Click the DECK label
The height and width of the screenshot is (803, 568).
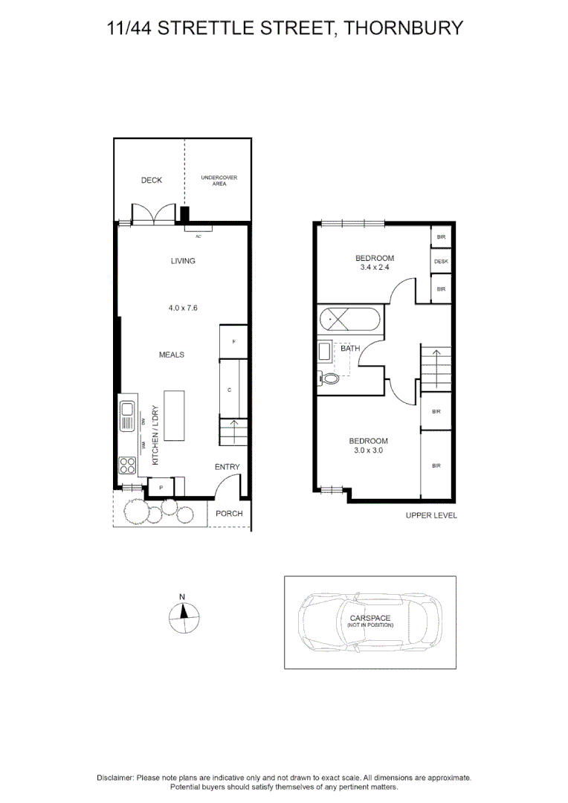pyautogui.click(x=152, y=180)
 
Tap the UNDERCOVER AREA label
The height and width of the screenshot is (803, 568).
pyautogui.click(x=219, y=180)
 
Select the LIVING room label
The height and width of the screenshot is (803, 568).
pyautogui.click(x=183, y=261)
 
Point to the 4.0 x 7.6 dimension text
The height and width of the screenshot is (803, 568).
pyautogui.click(x=183, y=308)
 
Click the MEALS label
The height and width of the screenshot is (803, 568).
pyautogui.click(x=172, y=355)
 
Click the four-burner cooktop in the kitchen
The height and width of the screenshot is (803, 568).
pyautogui.click(x=127, y=465)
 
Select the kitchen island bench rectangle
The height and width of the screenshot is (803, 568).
pyautogui.click(x=174, y=416)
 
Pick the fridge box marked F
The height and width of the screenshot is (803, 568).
pyautogui.click(x=233, y=341)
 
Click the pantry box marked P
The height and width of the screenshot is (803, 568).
pyautogui.click(x=161, y=487)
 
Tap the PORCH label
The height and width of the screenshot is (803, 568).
pyautogui.click(x=229, y=514)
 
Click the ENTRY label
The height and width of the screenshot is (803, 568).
pyautogui.click(x=227, y=467)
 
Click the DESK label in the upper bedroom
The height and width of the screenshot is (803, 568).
pyautogui.click(x=441, y=262)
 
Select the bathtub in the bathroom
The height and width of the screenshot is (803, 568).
pyautogui.click(x=350, y=320)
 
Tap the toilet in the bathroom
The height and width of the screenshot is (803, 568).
pyautogui.click(x=328, y=379)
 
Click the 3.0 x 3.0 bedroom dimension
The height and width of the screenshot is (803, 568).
pyautogui.click(x=368, y=451)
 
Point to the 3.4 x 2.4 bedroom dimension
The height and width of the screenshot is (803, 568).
pyautogui.click(x=375, y=268)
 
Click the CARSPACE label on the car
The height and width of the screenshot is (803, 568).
pyautogui.click(x=369, y=618)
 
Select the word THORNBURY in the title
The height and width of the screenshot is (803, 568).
pyautogui.click(x=403, y=28)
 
